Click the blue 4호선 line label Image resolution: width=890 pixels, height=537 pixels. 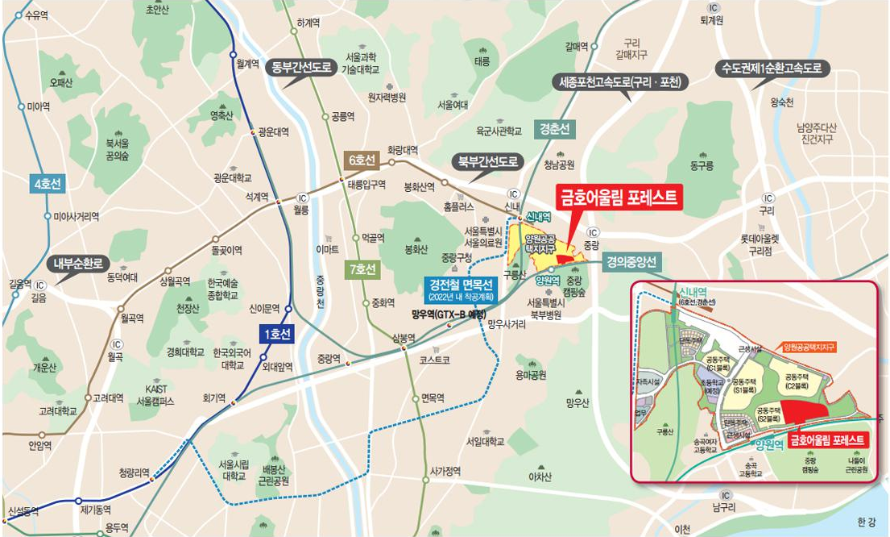(48, 184)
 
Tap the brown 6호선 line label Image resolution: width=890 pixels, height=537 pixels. (359, 160)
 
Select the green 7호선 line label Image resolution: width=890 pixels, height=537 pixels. (361, 270)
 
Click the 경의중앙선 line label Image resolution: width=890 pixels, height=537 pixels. (633, 260)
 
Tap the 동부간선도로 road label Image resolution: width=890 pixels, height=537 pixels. (302, 68)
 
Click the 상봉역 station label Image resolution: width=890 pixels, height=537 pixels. (404, 338)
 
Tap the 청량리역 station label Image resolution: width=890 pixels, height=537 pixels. (135, 472)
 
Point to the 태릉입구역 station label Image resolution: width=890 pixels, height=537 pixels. (367, 184)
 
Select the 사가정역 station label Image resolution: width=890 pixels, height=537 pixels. (444, 471)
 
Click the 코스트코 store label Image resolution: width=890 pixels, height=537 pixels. (434, 358)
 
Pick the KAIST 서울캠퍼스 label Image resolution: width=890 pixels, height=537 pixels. (155, 395)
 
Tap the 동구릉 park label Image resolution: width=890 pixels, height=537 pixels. (702, 166)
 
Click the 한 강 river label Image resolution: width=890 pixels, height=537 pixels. (866, 522)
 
